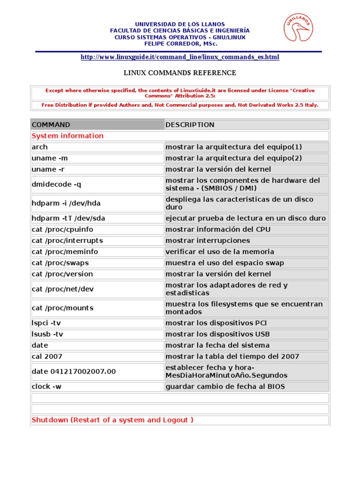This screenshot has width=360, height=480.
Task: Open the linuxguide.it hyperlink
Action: (x=180, y=57)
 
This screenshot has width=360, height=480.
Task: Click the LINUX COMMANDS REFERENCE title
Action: (x=180, y=73)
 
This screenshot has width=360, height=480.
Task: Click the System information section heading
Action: (x=67, y=136)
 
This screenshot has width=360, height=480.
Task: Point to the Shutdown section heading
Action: (x=112, y=420)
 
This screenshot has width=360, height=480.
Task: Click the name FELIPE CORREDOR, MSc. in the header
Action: (x=180, y=44)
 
